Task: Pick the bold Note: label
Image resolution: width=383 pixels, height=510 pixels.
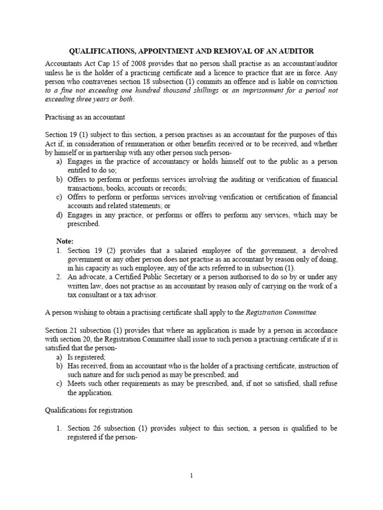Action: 64,241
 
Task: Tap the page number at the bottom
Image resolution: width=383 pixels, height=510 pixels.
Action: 191,475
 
